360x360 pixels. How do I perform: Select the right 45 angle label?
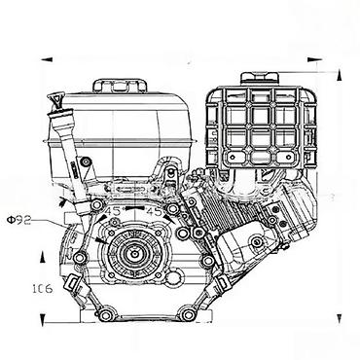(x=153, y=212)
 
